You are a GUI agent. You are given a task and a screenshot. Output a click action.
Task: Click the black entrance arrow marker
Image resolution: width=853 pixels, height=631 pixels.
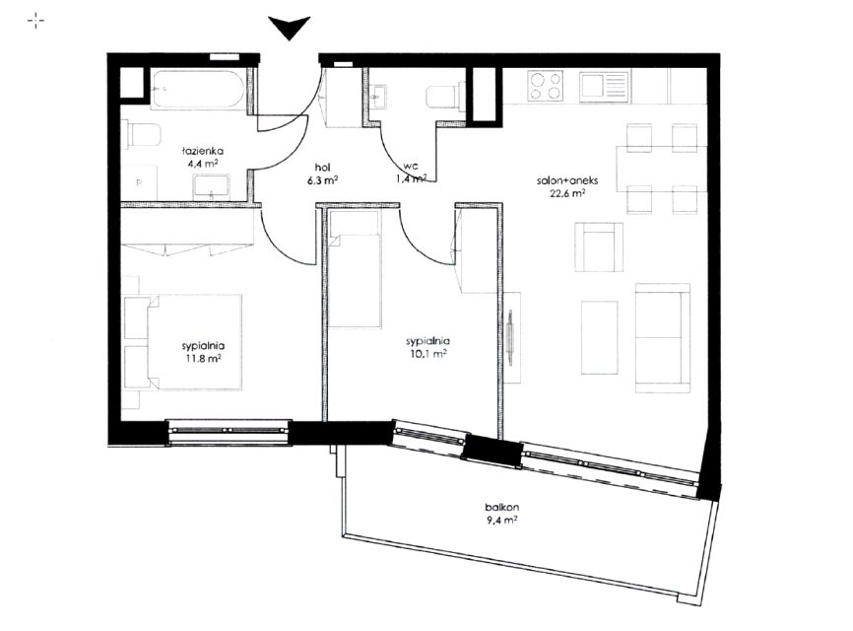(289, 28)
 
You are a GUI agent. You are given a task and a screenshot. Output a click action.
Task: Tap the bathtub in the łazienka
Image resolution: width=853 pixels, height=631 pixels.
(197, 90)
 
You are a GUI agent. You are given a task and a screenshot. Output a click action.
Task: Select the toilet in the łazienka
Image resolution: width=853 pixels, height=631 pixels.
(144, 134)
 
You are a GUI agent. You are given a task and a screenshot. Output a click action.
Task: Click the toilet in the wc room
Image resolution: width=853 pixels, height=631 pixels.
(446, 97)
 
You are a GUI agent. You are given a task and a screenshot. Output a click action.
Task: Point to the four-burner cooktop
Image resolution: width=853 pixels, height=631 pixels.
(545, 87)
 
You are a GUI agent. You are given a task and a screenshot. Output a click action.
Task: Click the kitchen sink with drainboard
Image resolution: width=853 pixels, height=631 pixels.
(604, 87)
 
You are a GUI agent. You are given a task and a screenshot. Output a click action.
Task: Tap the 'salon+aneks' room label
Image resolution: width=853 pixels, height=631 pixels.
(567, 180)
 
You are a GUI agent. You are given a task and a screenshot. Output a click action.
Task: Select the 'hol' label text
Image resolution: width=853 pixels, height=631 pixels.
(323, 168)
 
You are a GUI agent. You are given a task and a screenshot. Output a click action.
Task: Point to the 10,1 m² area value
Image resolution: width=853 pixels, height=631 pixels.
(428, 354)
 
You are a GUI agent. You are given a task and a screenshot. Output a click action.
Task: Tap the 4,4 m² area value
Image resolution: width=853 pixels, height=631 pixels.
(202, 163)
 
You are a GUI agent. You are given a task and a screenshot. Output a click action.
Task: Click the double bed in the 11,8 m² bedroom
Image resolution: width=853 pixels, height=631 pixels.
(183, 342)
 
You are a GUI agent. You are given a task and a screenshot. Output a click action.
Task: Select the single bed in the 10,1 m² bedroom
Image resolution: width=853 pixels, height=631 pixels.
(355, 270)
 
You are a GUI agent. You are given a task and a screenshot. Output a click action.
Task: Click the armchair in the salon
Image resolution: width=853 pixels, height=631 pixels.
(599, 247)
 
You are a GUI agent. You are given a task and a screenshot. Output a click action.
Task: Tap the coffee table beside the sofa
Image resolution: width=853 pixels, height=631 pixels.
(600, 337)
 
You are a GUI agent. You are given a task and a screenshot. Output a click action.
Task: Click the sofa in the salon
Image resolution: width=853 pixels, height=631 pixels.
(663, 337)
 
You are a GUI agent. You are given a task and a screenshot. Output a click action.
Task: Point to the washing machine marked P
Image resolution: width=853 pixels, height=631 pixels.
(139, 183)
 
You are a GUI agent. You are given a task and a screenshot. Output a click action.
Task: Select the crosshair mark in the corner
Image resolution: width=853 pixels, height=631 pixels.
(35, 22)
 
